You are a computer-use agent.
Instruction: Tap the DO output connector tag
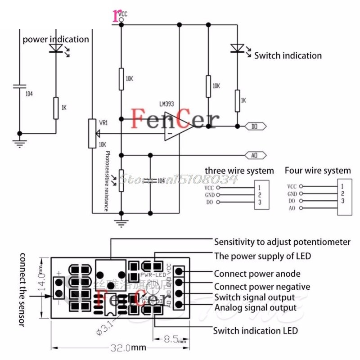click(x=255, y=126)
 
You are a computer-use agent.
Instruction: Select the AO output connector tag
click(x=255, y=155)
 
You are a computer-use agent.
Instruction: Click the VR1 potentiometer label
click(x=103, y=122)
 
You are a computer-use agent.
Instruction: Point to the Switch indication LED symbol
click(x=237, y=48)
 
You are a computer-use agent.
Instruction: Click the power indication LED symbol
click(x=56, y=47)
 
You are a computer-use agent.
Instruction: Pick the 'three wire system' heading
click(x=239, y=171)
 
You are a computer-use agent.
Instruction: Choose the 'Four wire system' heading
click(x=317, y=171)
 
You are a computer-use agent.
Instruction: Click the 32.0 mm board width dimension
click(x=128, y=347)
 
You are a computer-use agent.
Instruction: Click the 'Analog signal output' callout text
click(x=255, y=308)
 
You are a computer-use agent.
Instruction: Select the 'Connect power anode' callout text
click(x=257, y=274)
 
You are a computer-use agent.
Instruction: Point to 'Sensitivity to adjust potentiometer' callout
click(x=282, y=242)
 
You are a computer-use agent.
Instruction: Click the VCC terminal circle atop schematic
click(x=121, y=20)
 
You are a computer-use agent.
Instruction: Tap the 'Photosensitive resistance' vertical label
click(x=106, y=181)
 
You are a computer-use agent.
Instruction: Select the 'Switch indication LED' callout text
click(x=256, y=331)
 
